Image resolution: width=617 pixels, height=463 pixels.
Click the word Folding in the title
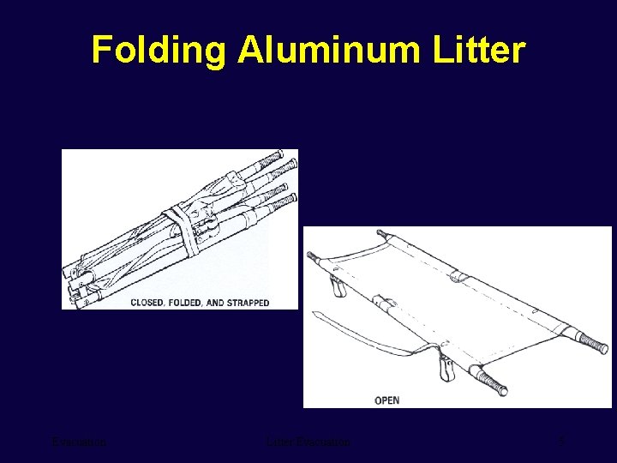point(159,51)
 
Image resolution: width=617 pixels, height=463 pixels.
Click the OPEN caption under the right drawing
point(386,400)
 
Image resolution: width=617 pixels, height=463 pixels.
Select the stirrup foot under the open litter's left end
point(338,286)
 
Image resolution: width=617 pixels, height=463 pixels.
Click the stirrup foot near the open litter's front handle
point(445,370)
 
